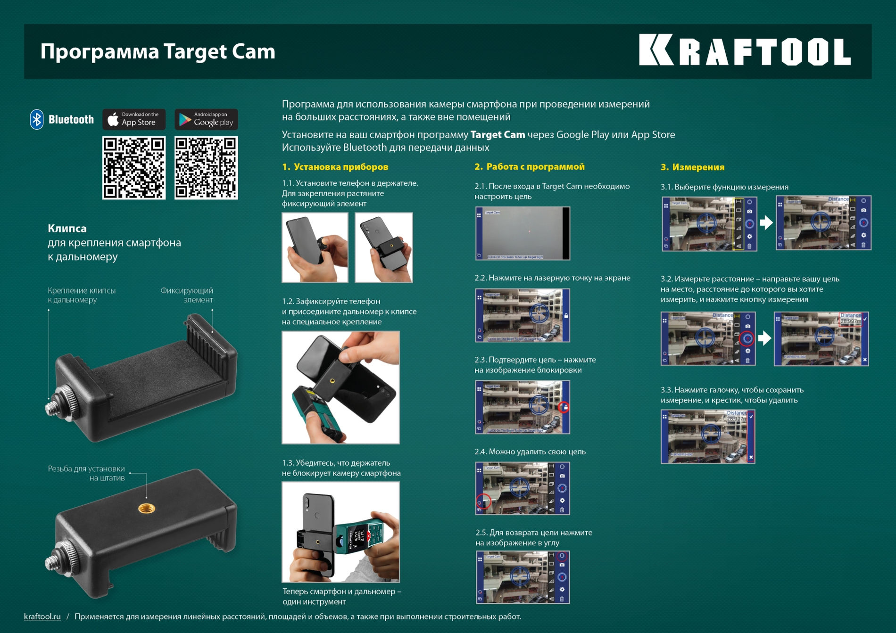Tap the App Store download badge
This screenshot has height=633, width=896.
pyautogui.click(x=134, y=119)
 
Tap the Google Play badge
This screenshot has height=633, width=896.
pyautogui.click(x=206, y=119)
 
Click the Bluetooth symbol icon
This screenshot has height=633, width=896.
pyautogui.click(x=37, y=119)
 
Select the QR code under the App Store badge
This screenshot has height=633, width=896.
pyautogui.click(x=134, y=168)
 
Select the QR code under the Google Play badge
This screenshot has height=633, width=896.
pyautogui.click(x=206, y=168)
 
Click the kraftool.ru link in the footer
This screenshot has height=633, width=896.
pyautogui.click(x=42, y=617)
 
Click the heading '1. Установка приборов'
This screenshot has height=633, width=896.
pyautogui.click(x=335, y=167)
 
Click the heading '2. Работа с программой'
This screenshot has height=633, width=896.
pyautogui.click(x=529, y=167)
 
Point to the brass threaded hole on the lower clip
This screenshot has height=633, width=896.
pyautogui.click(x=147, y=509)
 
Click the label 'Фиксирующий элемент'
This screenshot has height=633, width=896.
pyautogui.click(x=187, y=295)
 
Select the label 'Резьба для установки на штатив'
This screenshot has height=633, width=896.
pyautogui.click(x=87, y=473)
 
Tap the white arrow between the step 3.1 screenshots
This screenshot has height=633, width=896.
pyautogui.click(x=766, y=222)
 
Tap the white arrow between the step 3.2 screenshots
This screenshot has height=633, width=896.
pyautogui.click(x=764, y=338)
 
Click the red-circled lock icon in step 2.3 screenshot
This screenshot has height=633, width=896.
pyautogui.click(x=564, y=407)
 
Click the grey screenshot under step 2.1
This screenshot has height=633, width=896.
pyautogui.click(x=522, y=233)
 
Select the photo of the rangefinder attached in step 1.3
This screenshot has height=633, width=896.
pyautogui.click(x=340, y=532)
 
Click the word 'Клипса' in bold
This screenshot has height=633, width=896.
pyautogui.click(x=67, y=229)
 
